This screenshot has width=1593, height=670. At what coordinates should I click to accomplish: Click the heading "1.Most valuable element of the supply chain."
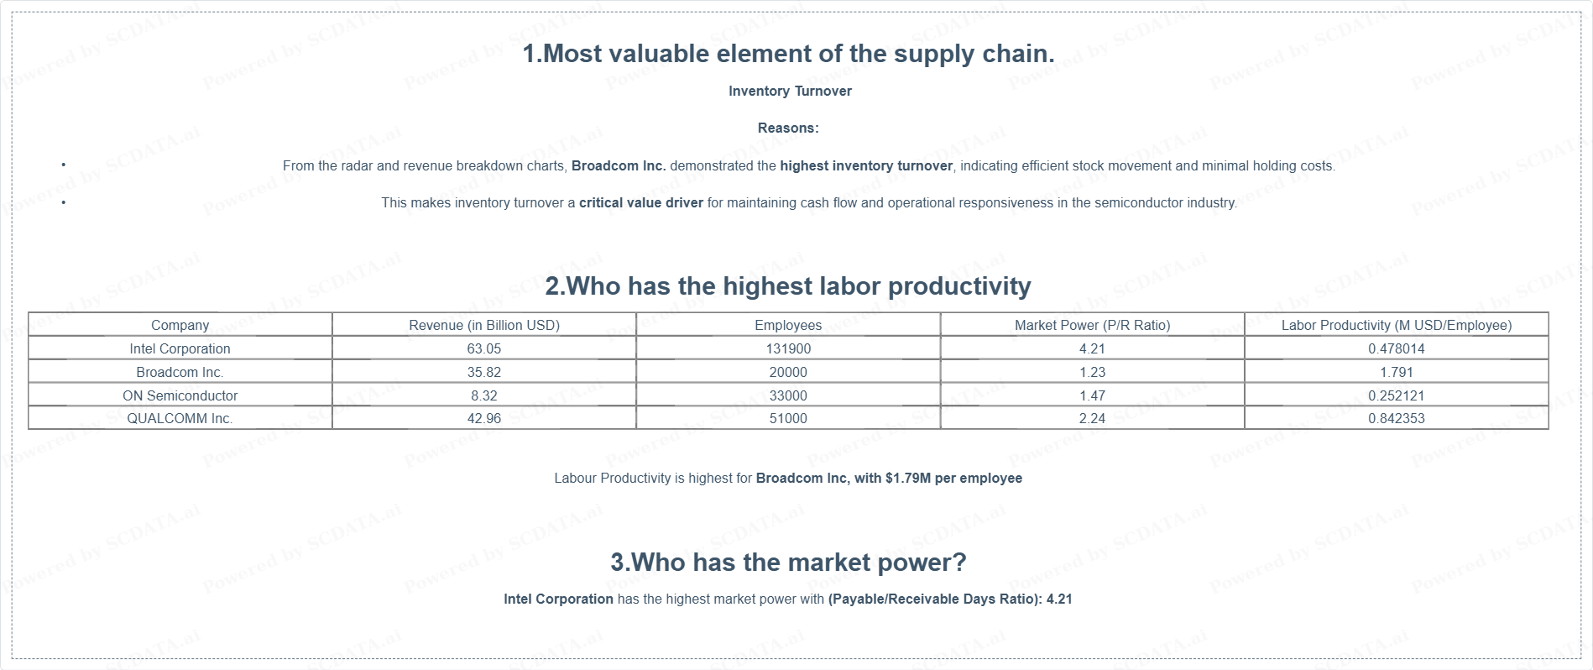[x=788, y=54]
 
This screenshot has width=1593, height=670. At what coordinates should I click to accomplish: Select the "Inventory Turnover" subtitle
[x=790, y=91]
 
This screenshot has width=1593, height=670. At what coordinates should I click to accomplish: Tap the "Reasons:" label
[x=788, y=128]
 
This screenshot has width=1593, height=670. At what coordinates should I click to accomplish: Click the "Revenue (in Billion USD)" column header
[x=484, y=325]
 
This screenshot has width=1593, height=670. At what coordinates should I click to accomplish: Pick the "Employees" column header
[x=788, y=325]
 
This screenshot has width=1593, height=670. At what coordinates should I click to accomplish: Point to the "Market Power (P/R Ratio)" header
[x=1092, y=325]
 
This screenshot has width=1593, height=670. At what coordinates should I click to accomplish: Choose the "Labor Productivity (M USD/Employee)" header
[x=1397, y=325]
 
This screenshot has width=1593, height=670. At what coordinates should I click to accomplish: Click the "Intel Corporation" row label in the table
[x=180, y=348]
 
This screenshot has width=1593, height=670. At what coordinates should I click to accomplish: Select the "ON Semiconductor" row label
[x=180, y=395]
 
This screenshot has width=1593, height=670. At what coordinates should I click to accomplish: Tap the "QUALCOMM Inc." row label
[x=180, y=418]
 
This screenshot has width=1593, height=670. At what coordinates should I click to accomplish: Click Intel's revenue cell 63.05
[x=484, y=348]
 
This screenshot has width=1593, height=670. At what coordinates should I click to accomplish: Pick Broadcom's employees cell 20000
[x=788, y=372]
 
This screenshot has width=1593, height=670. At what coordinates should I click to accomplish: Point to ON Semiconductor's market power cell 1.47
[x=1092, y=395]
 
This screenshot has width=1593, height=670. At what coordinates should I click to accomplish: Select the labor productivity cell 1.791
[x=1397, y=372]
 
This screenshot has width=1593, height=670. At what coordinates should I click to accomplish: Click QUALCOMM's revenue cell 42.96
[x=484, y=418]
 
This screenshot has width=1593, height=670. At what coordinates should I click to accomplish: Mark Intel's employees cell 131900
[x=788, y=348]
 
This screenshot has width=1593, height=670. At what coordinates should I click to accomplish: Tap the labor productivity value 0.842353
[x=1397, y=418]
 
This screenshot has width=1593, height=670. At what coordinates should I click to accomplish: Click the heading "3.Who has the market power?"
[x=788, y=562]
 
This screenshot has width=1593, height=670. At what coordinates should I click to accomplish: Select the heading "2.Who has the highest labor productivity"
[x=788, y=285]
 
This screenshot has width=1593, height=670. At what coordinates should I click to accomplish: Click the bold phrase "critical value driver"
[x=641, y=202]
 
